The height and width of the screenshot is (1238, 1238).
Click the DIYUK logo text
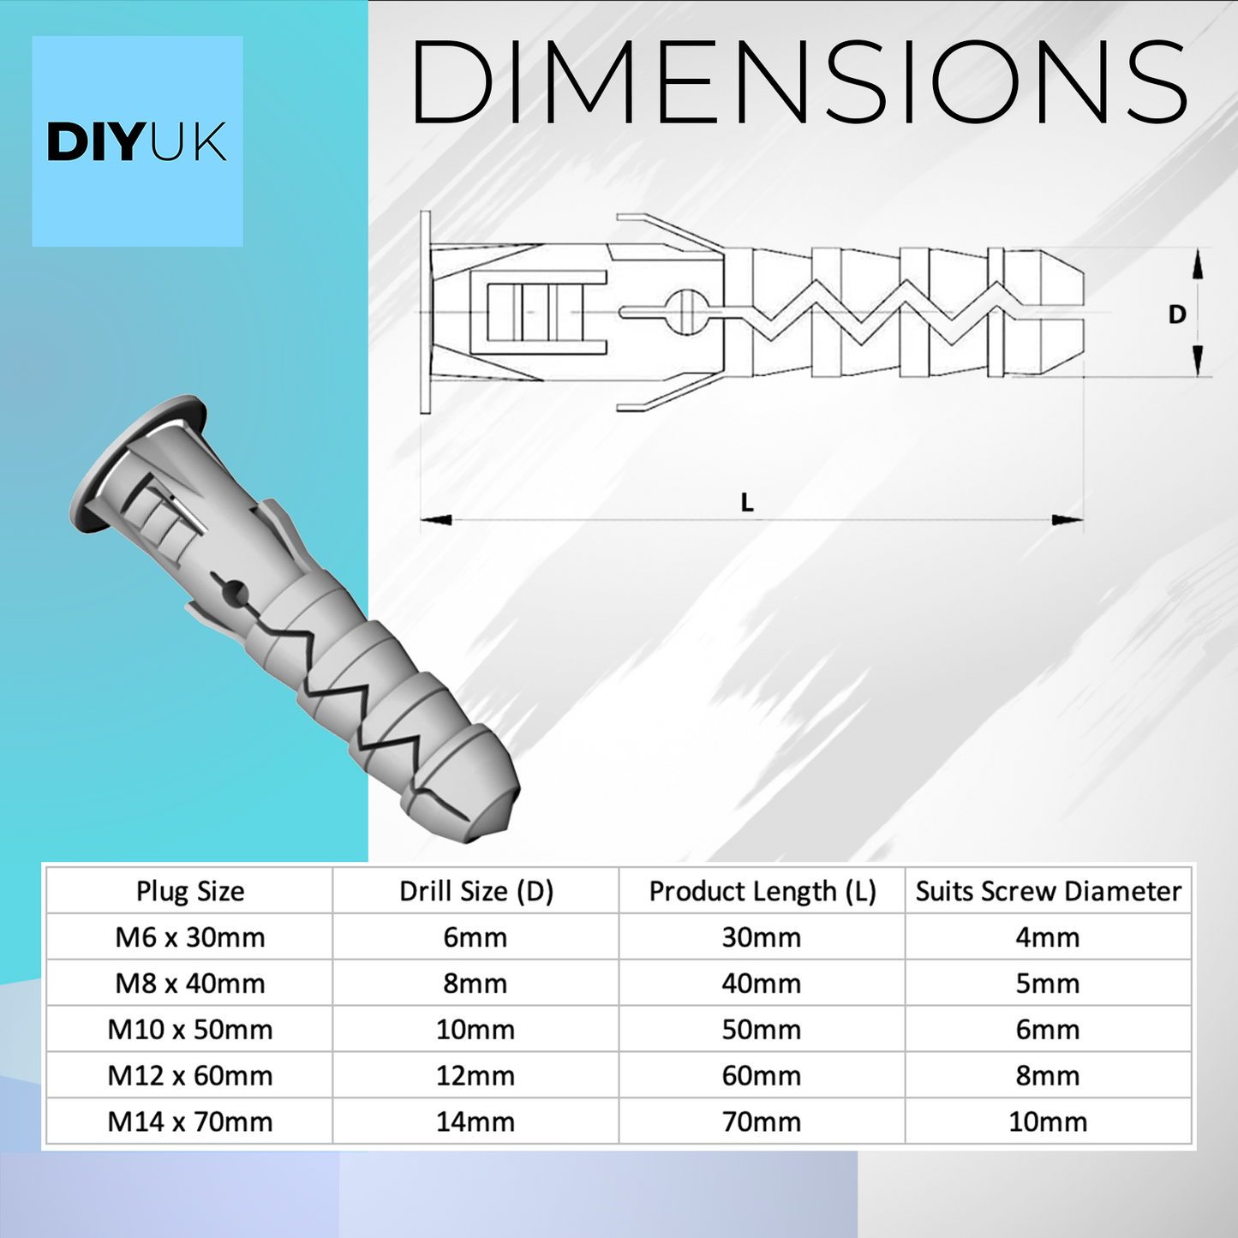pyautogui.click(x=137, y=142)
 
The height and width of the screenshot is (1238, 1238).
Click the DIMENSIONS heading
pyautogui.click(x=798, y=81)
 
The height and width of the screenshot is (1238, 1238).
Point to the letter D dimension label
pyautogui.click(x=1176, y=314)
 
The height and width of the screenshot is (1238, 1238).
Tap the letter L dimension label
pyautogui.click(x=746, y=502)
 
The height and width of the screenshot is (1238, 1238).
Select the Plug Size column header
pyautogui.click(x=190, y=891)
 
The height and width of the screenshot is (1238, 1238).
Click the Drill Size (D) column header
pyautogui.click(x=476, y=891)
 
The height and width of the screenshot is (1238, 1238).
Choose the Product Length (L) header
pyautogui.click(x=763, y=891)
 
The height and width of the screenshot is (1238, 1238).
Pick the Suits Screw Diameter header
pyautogui.click(x=1049, y=891)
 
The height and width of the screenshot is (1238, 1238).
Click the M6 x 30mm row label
pyautogui.click(x=190, y=937)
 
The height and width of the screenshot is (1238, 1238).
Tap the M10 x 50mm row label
pyautogui.click(x=190, y=1030)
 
